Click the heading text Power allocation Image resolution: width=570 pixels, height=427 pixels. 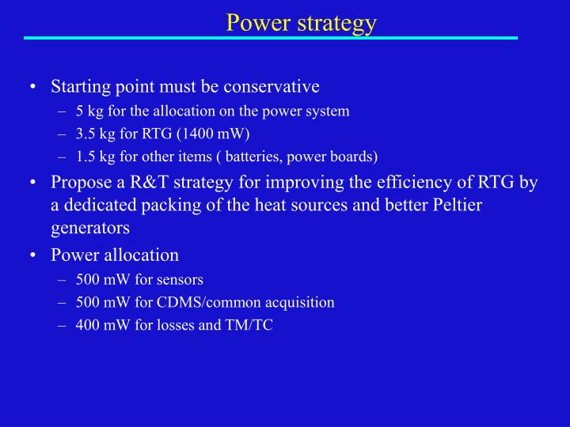click(x=115, y=255)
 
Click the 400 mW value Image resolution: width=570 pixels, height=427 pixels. click(x=99, y=324)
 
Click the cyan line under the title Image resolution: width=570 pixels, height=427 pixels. click(x=270, y=37)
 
